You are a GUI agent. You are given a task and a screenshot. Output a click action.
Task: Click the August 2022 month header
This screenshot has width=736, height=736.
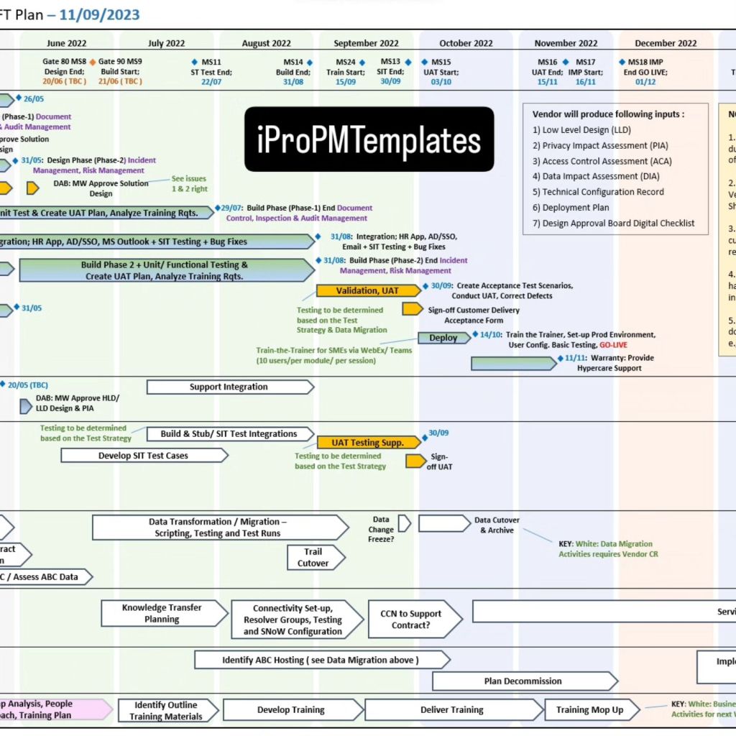(266, 43)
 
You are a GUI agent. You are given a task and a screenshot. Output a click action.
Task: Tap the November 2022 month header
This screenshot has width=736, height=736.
(566, 43)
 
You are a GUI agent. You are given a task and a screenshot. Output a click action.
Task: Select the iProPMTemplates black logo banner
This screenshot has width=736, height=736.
(369, 139)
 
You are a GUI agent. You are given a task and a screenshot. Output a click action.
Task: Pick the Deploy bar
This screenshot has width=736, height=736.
(443, 338)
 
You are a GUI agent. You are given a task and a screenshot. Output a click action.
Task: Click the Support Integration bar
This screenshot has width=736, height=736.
(229, 387)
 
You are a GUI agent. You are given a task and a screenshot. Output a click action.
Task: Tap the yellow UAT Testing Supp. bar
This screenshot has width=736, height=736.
(368, 443)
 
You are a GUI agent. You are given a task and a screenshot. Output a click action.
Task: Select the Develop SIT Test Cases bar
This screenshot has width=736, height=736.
(144, 456)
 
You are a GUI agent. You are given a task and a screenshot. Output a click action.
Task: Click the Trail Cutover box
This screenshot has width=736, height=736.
(313, 558)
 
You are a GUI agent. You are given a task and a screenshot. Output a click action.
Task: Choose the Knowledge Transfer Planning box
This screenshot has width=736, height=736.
(162, 613)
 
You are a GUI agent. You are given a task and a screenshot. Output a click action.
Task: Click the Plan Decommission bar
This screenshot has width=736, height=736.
(523, 681)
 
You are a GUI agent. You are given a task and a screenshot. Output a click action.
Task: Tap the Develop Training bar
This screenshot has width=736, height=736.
(291, 710)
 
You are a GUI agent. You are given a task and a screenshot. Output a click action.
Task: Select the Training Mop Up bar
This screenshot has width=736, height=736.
(590, 710)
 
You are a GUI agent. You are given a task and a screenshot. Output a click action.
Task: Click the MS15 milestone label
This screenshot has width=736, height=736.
(441, 63)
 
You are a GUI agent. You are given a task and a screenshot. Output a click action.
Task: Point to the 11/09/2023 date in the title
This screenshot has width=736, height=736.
(99, 14)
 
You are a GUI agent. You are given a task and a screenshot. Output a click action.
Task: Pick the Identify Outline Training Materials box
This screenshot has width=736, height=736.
(166, 710)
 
